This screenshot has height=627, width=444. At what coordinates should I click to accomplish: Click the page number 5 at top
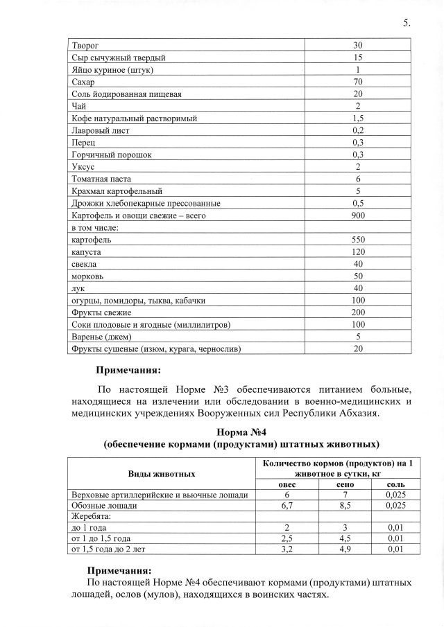(406, 23)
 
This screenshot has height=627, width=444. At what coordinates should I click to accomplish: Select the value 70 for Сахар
(358, 82)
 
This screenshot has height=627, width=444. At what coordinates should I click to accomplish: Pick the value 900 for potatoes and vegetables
(358, 215)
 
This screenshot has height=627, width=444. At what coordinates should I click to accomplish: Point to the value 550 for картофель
(358, 240)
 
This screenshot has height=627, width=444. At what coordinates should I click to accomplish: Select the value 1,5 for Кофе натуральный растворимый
(358, 118)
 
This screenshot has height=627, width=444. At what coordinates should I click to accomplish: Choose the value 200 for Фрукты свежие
(358, 312)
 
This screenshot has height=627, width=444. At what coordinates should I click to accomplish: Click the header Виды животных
(161, 473)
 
